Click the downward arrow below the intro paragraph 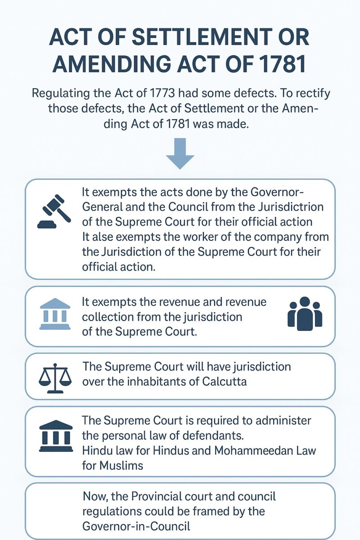180,153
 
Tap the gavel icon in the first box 54,211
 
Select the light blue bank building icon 55,314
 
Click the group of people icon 305,313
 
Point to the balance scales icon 55,378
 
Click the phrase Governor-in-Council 136,526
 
